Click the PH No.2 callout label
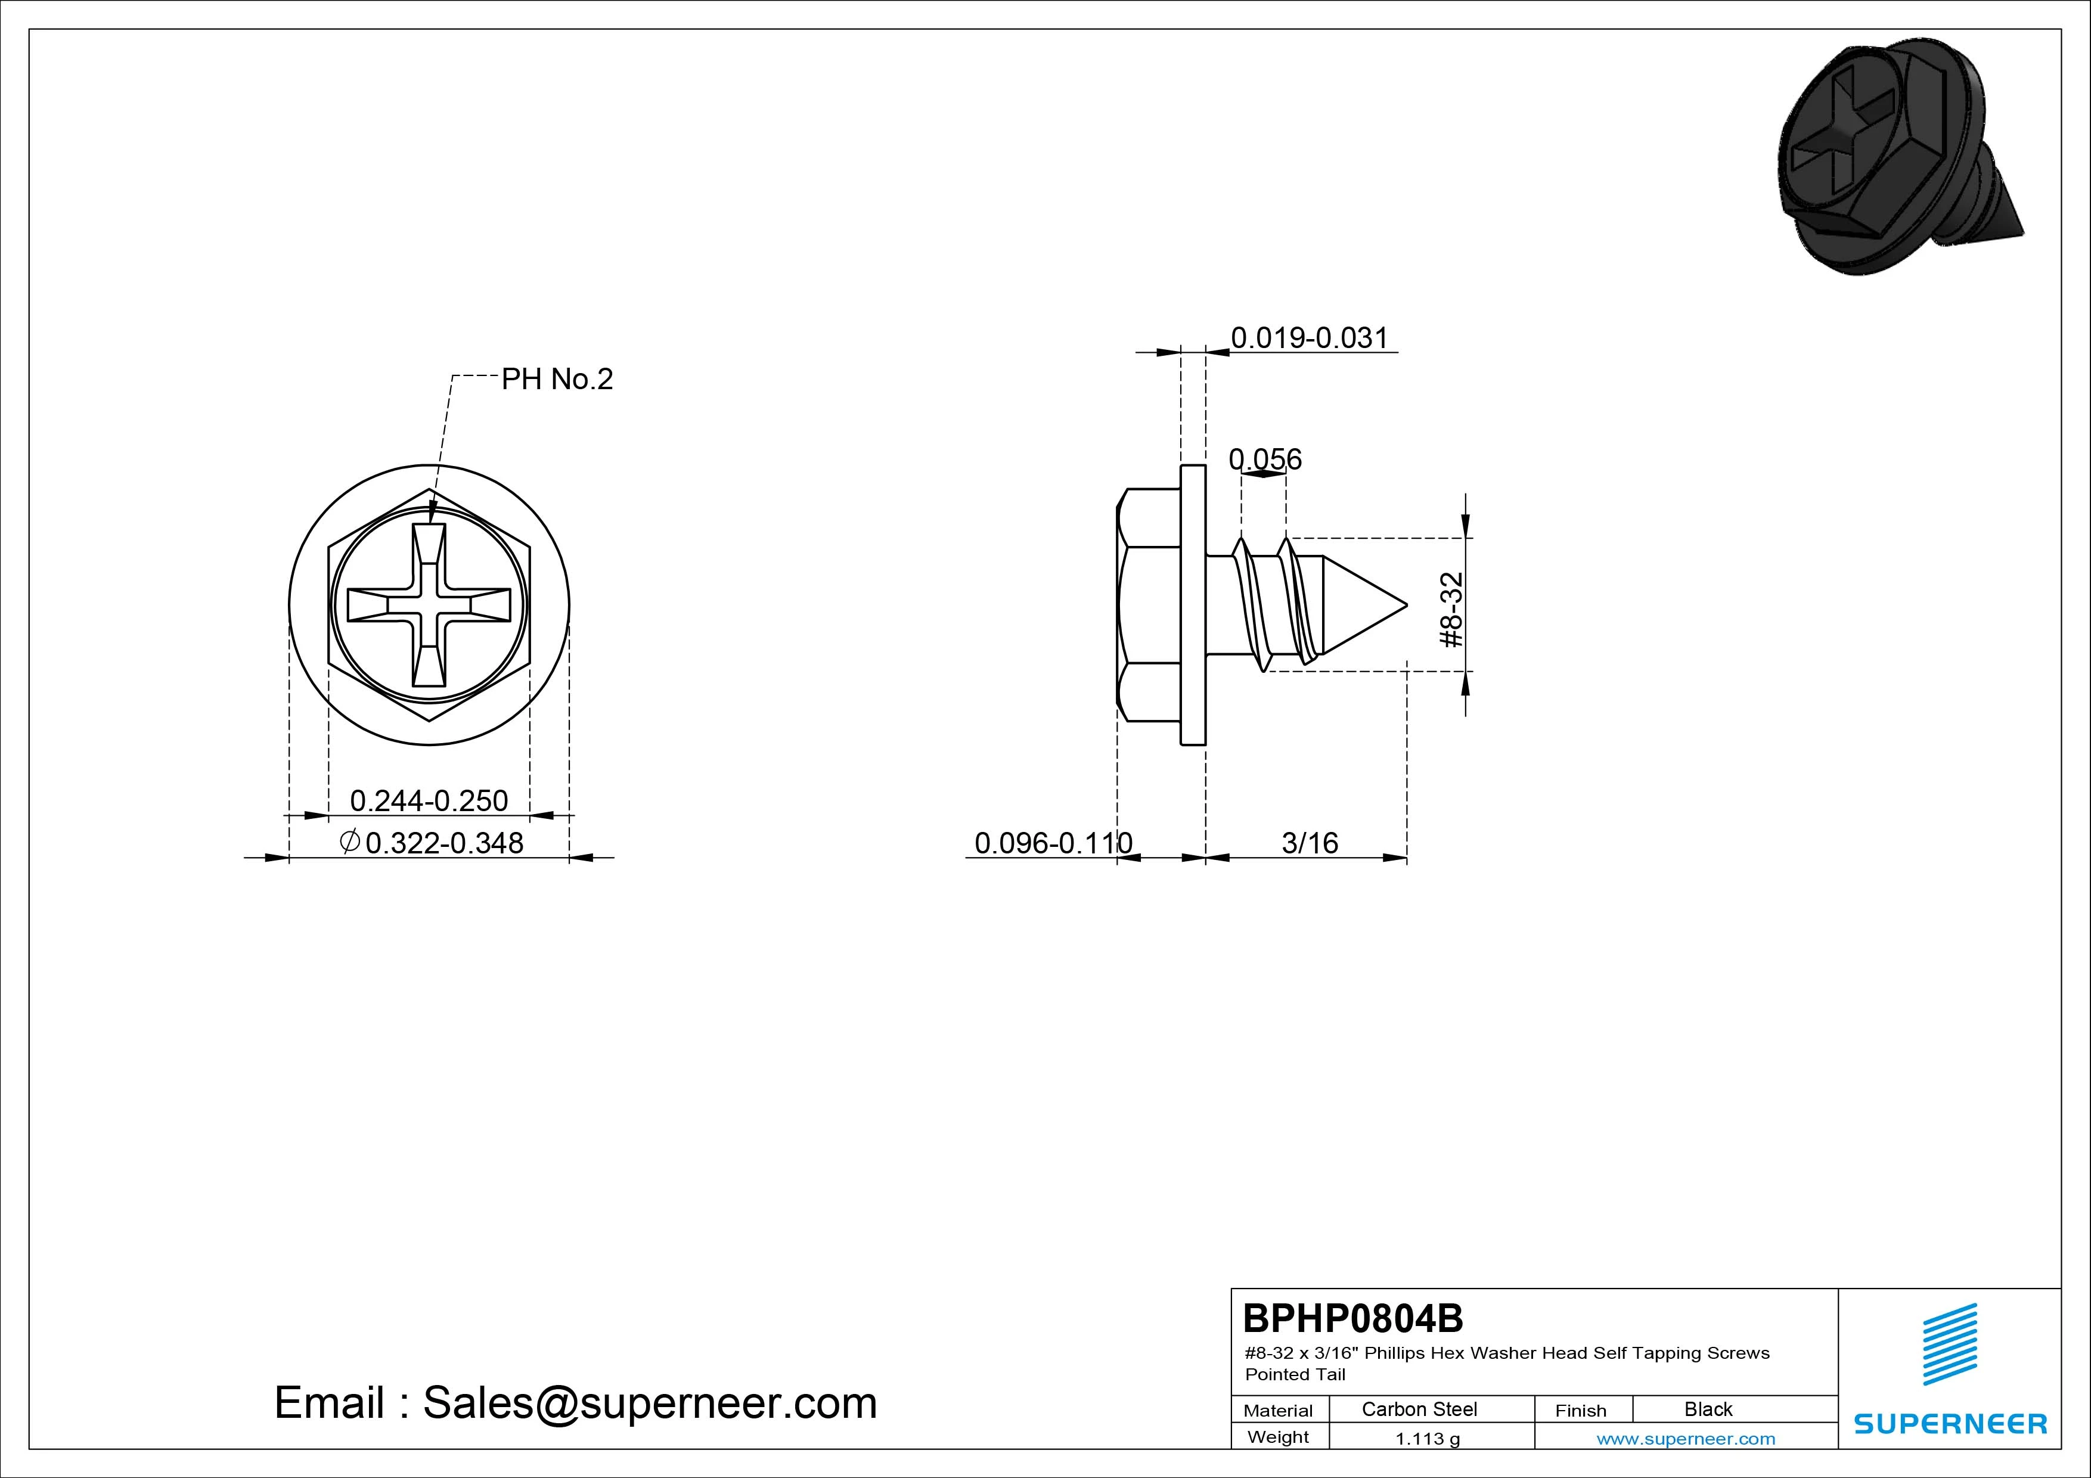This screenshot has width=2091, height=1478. pyautogui.click(x=557, y=379)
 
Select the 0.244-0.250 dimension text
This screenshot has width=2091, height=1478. pyautogui.click(x=429, y=800)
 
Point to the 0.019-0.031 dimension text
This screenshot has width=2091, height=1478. pyautogui.click(x=1310, y=338)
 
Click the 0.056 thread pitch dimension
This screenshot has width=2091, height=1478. pyautogui.click(x=1265, y=459)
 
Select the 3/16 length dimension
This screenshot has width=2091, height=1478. pyautogui.click(x=1310, y=843)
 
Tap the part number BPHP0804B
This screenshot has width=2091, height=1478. pyautogui.click(x=1353, y=1318)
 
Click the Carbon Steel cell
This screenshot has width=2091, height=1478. pyautogui.click(x=1419, y=1409)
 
